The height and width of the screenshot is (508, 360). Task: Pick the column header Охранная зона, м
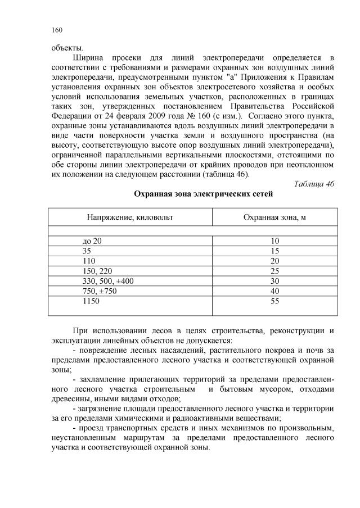[274, 216]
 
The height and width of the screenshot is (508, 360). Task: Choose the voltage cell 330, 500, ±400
[108, 281]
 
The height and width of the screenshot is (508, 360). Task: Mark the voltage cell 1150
[91, 301]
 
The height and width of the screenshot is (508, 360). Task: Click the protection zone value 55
[274, 301]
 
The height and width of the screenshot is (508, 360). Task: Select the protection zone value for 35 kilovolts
[274, 251]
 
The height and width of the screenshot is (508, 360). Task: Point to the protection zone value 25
[274, 271]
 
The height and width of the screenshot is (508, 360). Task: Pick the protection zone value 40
[274, 291]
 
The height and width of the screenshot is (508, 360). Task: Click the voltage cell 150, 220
[97, 271]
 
